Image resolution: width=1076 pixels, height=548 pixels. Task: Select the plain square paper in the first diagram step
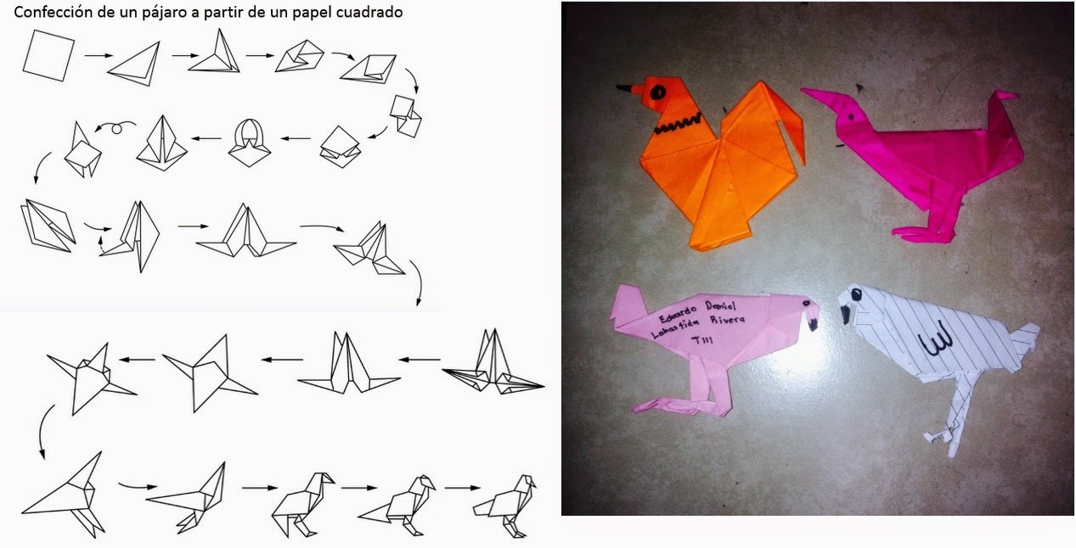pos(48,55)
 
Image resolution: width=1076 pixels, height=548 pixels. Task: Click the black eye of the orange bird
pos(658,89)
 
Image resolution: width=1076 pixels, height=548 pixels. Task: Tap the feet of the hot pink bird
pos(921,232)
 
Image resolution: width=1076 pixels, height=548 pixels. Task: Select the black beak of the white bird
pos(846,314)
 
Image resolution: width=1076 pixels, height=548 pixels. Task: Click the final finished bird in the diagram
pos(505,504)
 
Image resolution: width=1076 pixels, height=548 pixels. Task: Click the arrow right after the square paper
pos(98,56)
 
